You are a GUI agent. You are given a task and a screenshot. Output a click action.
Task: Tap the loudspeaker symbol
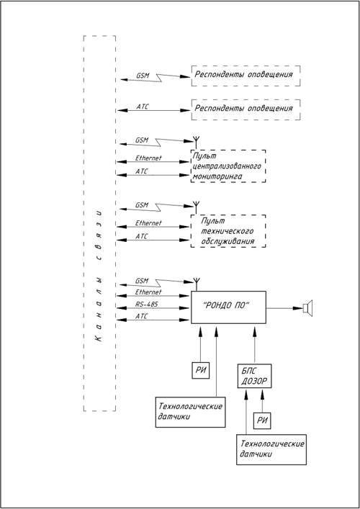307,307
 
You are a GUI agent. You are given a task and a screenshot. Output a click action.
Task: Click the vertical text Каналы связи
99,276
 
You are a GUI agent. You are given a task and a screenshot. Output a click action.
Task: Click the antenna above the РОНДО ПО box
197,284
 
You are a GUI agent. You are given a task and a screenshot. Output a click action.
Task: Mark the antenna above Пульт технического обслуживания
197,208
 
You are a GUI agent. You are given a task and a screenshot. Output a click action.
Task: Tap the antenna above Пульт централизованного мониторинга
197,143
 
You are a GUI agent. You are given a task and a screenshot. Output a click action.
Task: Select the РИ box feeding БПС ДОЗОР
262,420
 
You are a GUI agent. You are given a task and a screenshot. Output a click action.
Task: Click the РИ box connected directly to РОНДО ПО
201,370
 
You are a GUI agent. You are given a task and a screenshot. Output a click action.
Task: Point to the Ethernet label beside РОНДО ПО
148,292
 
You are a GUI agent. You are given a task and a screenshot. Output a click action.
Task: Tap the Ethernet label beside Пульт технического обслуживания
148,223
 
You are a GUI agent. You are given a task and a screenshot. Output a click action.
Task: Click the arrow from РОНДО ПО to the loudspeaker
284,307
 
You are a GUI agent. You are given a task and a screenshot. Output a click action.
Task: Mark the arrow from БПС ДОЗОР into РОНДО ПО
254,346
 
